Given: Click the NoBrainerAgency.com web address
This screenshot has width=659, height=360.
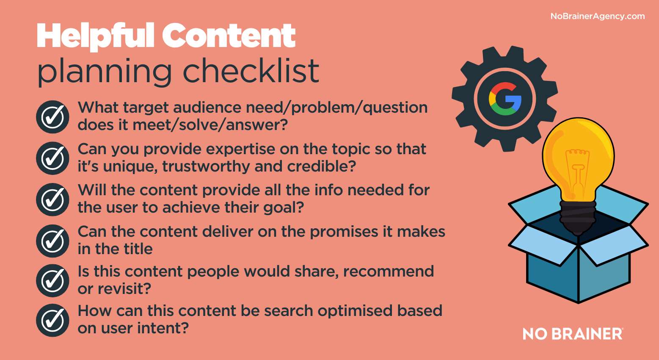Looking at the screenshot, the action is coord(598,17).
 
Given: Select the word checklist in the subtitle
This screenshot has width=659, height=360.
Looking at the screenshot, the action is coord(251,71).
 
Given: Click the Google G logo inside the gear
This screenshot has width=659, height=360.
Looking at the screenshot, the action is coord(505,99).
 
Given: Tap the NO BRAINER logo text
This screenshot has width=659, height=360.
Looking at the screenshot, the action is coord(573,334).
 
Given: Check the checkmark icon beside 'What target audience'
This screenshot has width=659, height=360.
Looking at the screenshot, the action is coord(52,117).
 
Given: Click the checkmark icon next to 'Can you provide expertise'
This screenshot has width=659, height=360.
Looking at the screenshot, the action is coord(52,158).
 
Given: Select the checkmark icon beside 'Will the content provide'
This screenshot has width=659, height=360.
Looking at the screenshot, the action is coord(52,199).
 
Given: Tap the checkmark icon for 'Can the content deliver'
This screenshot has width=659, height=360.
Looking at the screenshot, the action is coord(52,241).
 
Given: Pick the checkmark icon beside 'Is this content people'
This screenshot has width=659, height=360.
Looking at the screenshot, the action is coord(52,280).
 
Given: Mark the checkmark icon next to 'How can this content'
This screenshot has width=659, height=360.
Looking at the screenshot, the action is coord(52,320).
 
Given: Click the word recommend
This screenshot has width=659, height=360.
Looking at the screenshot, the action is coord(389,271).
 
